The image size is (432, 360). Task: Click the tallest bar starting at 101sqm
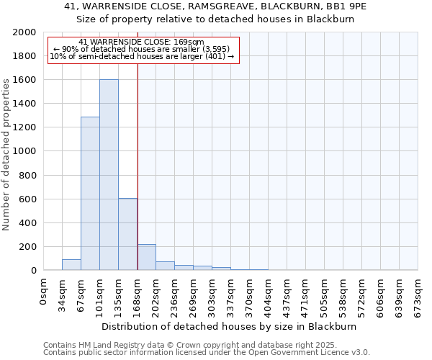tap(109, 175)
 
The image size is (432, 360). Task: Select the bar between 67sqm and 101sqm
tap(90, 194)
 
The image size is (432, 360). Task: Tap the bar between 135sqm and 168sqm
tap(127, 234)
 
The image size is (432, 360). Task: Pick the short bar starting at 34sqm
tap(71, 264)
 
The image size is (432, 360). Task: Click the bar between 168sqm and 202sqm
tap(146, 257)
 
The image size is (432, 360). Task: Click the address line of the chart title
tap(216, 6)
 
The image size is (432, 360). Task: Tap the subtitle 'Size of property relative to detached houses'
tap(216, 19)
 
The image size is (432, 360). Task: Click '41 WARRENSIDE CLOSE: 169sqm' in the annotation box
tap(142, 42)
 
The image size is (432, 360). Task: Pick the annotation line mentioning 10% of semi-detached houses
tap(142, 56)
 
